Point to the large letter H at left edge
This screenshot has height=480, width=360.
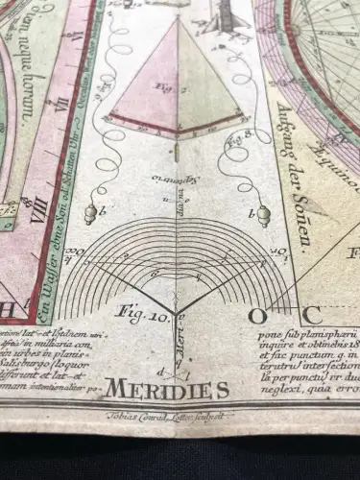[8, 309]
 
